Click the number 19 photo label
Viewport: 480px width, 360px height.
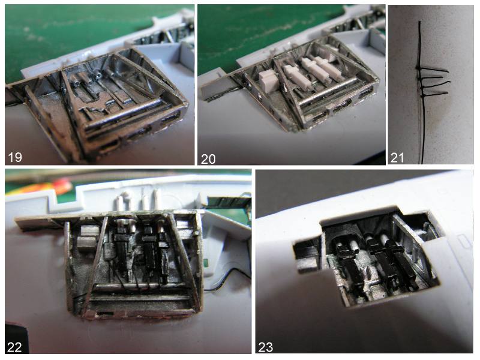point(14,157)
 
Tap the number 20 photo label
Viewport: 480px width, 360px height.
point(208,159)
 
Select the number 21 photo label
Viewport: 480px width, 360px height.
point(397,158)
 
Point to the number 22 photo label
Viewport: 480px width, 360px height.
point(14,347)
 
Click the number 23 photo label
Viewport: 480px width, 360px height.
point(265,347)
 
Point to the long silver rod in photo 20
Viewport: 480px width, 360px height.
point(328,91)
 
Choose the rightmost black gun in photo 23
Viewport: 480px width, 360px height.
point(400,263)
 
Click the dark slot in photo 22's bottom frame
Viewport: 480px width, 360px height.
point(103,313)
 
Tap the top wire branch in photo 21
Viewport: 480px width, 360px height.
point(433,70)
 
